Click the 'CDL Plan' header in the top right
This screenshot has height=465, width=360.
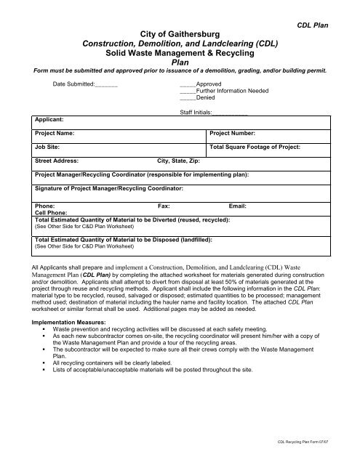tap(313, 25)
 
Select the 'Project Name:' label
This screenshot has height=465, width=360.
tap(56, 134)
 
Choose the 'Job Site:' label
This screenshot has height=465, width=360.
tap(48, 147)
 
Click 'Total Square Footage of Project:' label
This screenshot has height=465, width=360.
tap(255, 147)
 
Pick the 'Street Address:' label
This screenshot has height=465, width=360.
tap(57, 161)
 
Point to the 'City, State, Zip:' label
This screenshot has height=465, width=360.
tap(180, 161)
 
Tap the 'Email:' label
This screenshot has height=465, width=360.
tap(238, 206)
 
